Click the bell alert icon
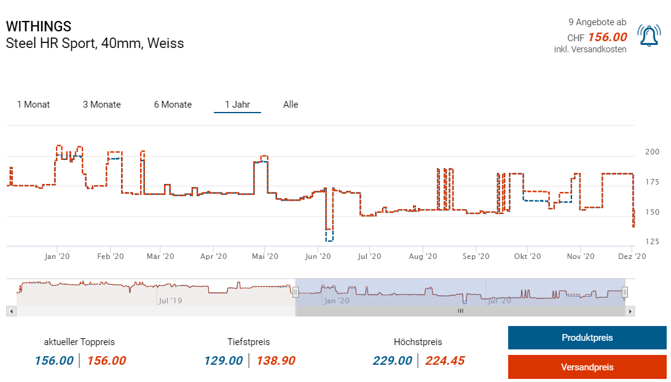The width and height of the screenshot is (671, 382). point(649,36)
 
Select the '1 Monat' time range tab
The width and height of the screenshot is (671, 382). point(34,105)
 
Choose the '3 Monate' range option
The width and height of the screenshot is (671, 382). point(102,105)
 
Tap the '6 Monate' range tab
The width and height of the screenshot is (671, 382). point(173,105)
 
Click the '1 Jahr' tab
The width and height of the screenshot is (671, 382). point(237,105)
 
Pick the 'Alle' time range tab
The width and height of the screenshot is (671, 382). point(291,105)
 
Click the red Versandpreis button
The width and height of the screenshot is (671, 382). point(587,367)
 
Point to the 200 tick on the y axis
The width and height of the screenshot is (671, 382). point(652,152)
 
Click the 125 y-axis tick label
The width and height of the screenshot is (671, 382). point(652,241)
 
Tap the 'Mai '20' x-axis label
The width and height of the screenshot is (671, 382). point(266,257)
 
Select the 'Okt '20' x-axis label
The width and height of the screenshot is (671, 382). point(527,257)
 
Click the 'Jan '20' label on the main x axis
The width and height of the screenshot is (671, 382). point(57,257)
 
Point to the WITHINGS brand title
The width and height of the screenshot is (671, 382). point(39,26)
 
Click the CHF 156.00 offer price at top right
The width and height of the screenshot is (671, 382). point(607,38)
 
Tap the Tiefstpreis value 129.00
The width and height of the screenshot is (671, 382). point(224,360)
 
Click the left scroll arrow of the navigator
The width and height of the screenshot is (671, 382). point(11,311)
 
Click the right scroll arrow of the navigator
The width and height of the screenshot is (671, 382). point(630,311)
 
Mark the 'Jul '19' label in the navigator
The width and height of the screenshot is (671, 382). point(171,301)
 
